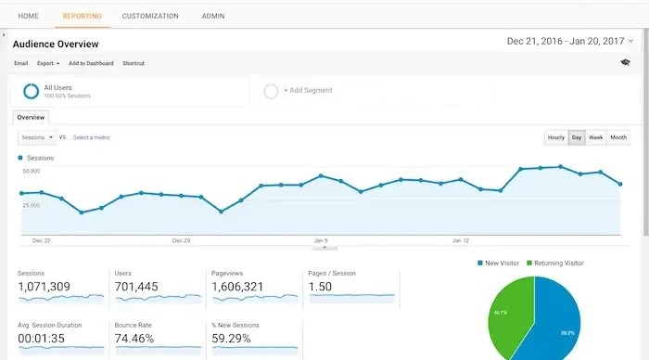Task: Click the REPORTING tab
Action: pos(82,16)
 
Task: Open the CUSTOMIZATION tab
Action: pos(149,16)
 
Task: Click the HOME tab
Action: pos(29,16)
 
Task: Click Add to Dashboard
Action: pos(91,63)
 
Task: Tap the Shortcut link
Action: pos(134,63)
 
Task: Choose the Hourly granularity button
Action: pos(555,137)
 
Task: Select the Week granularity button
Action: pos(596,137)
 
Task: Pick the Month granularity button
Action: pos(618,137)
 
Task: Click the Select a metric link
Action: pos(92,137)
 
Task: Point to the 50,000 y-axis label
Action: pos(31,172)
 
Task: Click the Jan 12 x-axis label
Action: pos(461,239)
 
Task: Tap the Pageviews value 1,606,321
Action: pos(237,288)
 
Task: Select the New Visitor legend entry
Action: pos(502,263)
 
